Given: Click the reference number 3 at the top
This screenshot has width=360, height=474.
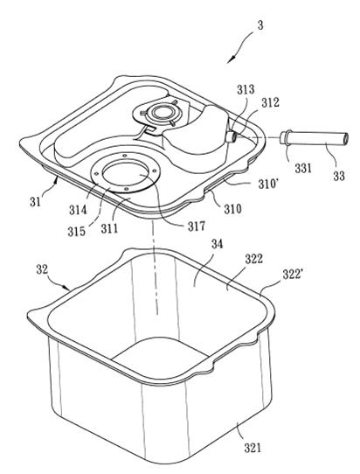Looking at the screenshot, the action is click(x=260, y=25).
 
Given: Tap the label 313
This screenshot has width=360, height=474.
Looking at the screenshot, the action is click(x=246, y=90).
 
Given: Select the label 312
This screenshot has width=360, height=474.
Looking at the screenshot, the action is click(x=270, y=102).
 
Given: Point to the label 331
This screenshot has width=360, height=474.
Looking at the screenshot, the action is click(x=303, y=168).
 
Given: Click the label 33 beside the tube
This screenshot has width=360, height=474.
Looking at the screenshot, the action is click(x=339, y=175).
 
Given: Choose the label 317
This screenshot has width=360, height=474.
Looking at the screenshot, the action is click(x=197, y=226).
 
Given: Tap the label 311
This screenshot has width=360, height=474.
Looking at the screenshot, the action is click(x=109, y=228).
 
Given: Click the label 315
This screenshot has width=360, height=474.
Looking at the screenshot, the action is click(x=76, y=232).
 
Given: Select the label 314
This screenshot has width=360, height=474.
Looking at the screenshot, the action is click(x=78, y=209).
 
